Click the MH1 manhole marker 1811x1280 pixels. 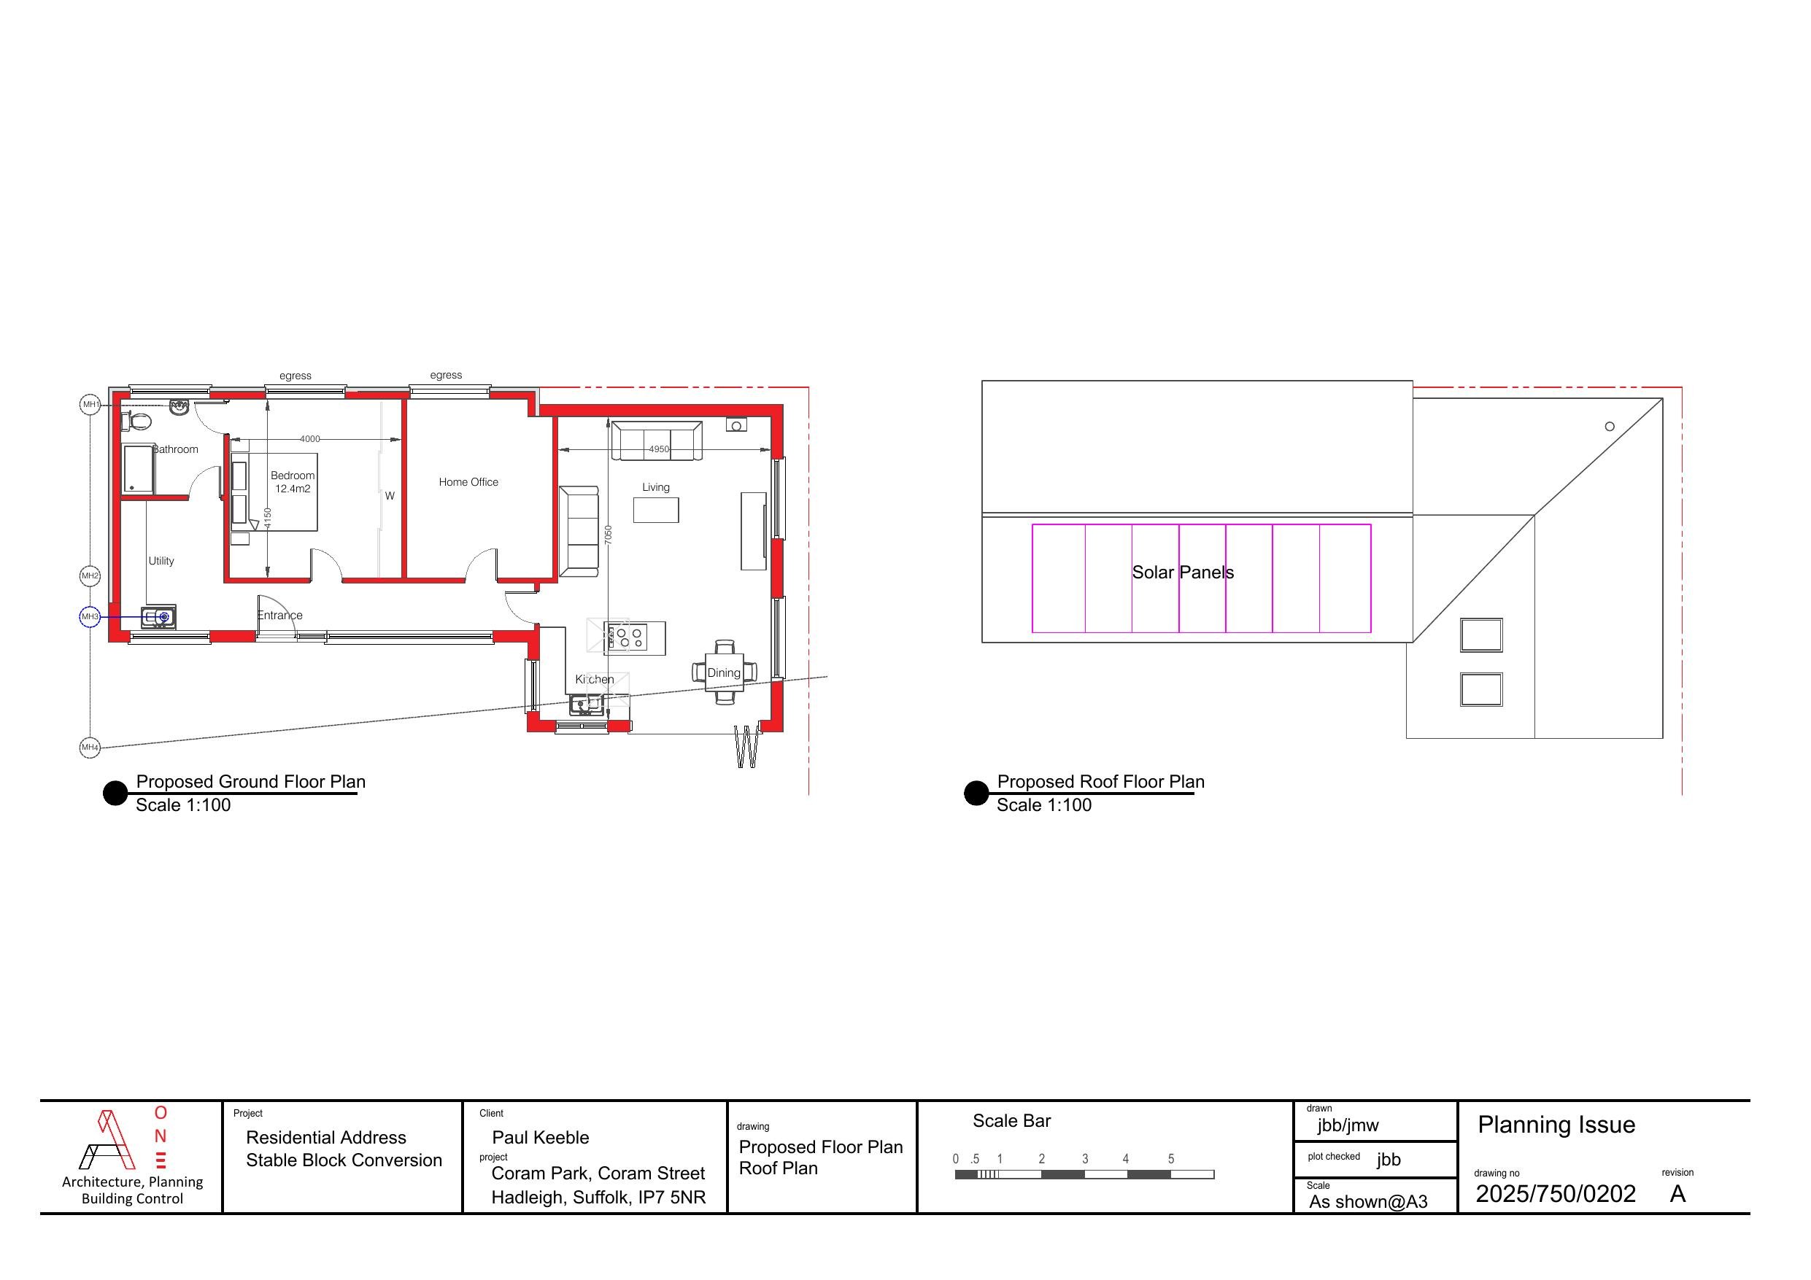pyautogui.click(x=90, y=405)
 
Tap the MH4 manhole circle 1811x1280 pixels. pyautogui.click(x=90, y=747)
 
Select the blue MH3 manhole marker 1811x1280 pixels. pyautogui.click(x=90, y=616)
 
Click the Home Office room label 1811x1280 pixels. pyautogui.click(x=468, y=482)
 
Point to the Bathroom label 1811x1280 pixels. pyautogui.click(x=175, y=449)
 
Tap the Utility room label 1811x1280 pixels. pyautogui.click(x=161, y=561)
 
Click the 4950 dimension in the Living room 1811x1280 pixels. pyautogui.click(x=658, y=449)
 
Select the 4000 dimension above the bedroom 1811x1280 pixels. pyautogui.click(x=310, y=439)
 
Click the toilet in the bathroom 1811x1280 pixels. pyautogui.click(x=136, y=421)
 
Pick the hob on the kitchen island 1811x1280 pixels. pyautogui.click(x=626, y=637)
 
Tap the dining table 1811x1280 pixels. pyautogui.click(x=724, y=672)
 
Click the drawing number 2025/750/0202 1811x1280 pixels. pyautogui.click(x=1556, y=1194)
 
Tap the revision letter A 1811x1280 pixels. pyautogui.click(x=1677, y=1194)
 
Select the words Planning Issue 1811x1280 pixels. pyautogui.click(x=1556, y=1125)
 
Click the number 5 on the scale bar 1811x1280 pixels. pyautogui.click(x=1170, y=1158)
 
